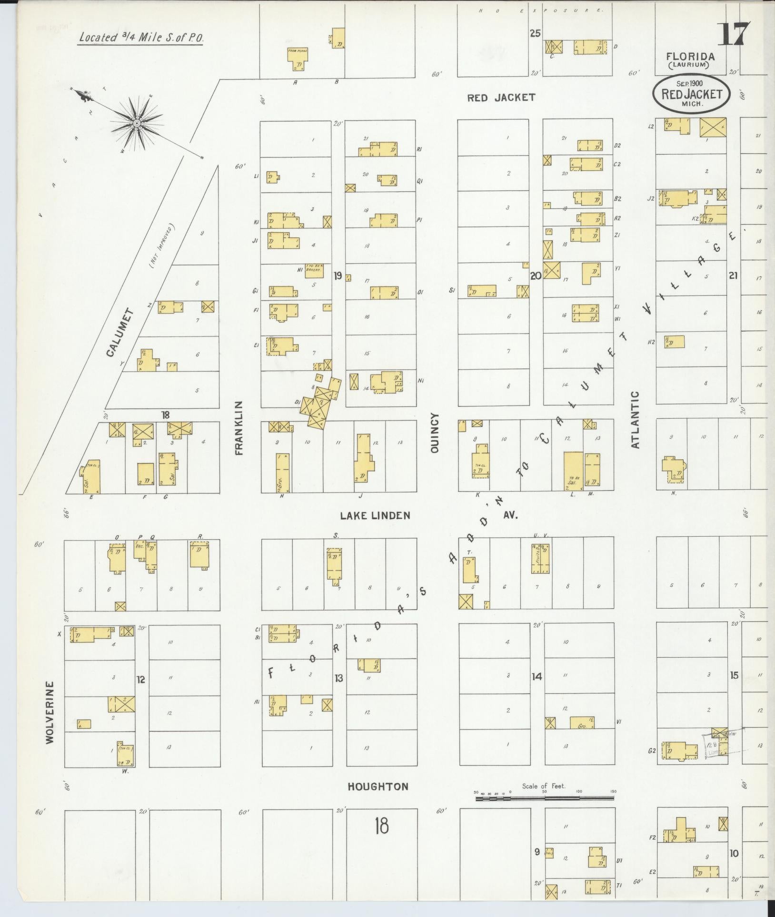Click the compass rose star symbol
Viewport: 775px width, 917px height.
pos(137,123)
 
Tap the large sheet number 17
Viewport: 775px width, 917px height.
pos(733,34)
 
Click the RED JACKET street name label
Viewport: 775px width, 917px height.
pos(501,98)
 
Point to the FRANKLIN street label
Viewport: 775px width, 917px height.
pos(239,428)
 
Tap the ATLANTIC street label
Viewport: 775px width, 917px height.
pos(635,420)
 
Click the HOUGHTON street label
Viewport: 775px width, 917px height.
pos(378,787)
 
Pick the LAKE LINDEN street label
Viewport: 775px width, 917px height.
pos(375,515)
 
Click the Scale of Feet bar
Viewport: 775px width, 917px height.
pos(545,798)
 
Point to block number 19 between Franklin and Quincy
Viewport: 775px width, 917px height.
pos(338,276)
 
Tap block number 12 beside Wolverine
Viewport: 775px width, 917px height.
pos(141,679)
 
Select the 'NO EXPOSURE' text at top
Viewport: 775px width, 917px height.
pos(541,11)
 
